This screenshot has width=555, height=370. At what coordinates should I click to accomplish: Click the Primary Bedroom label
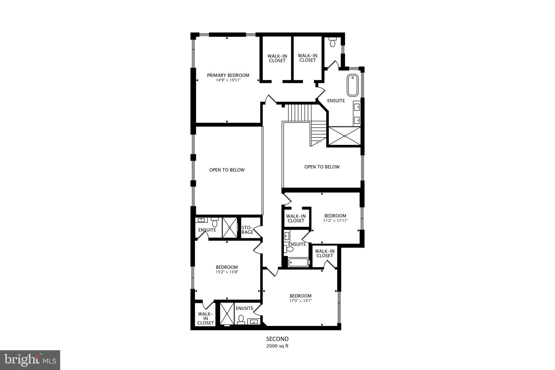tap(228, 75)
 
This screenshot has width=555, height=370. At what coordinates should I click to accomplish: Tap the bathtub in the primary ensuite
tap(353, 85)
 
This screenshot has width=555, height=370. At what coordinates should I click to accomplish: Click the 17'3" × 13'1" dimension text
tap(301, 301)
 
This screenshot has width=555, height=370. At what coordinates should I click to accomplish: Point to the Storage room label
tap(247, 230)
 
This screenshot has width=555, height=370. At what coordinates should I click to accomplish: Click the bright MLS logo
tap(30, 360)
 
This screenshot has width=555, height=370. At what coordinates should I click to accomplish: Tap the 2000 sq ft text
tap(277, 346)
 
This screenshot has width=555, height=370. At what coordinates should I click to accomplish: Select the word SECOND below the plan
tap(277, 339)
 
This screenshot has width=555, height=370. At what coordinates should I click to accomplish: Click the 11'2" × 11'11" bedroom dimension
tap(335, 221)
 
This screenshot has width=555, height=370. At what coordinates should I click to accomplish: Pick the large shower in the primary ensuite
tap(344, 136)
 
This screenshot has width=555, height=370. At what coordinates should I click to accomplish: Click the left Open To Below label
tap(227, 170)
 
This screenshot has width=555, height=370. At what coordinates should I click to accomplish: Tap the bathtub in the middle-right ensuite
tap(298, 262)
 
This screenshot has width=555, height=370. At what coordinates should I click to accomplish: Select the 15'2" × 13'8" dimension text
tap(227, 272)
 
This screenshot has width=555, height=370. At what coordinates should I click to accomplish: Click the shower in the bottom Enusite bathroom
tap(227, 314)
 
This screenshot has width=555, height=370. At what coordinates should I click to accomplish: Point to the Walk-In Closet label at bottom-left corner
tap(205, 318)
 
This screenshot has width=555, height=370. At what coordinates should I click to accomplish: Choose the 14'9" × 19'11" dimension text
tap(228, 80)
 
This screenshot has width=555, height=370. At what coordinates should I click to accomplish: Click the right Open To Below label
tap(322, 167)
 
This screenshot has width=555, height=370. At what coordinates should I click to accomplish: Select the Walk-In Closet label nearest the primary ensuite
tap(308, 58)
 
